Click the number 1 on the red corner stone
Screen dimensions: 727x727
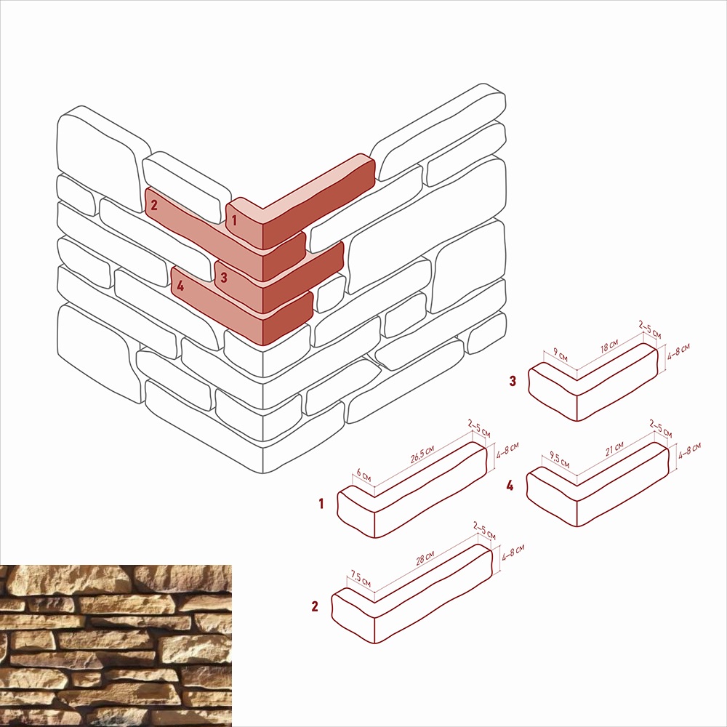click(x=234, y=220)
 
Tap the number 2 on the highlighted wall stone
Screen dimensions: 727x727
click(x=154, y=204)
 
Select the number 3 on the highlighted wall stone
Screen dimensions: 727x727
click(x=224, y=277)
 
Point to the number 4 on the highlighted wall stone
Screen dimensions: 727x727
click(x=180, y=285)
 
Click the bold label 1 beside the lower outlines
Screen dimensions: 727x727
click(x=321, y=504)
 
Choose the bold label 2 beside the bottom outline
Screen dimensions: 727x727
click(x=315, y=606)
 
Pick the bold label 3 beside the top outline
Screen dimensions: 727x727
click(x=513, y=381)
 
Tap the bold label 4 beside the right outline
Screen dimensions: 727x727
click(x=510, y=486)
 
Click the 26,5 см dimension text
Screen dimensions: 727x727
click(x=422, y=455)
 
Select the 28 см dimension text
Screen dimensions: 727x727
click(x=425, y=558)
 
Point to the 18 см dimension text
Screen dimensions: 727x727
click(x=609, y=346)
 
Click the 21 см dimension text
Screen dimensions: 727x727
click(x=615, y=449)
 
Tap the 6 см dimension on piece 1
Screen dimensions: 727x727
click(x=364, y=475)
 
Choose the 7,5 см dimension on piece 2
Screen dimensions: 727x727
click(x=361, y=579)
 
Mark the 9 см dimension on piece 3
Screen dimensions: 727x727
click(x=561, y=356)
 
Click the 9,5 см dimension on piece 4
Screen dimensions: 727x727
click(x=560, y=459)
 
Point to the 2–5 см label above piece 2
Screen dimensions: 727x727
click(x=484, y=531)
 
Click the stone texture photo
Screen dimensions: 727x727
click(x=116, y=646)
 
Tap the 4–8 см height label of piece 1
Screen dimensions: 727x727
click(x=507, y=450)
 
